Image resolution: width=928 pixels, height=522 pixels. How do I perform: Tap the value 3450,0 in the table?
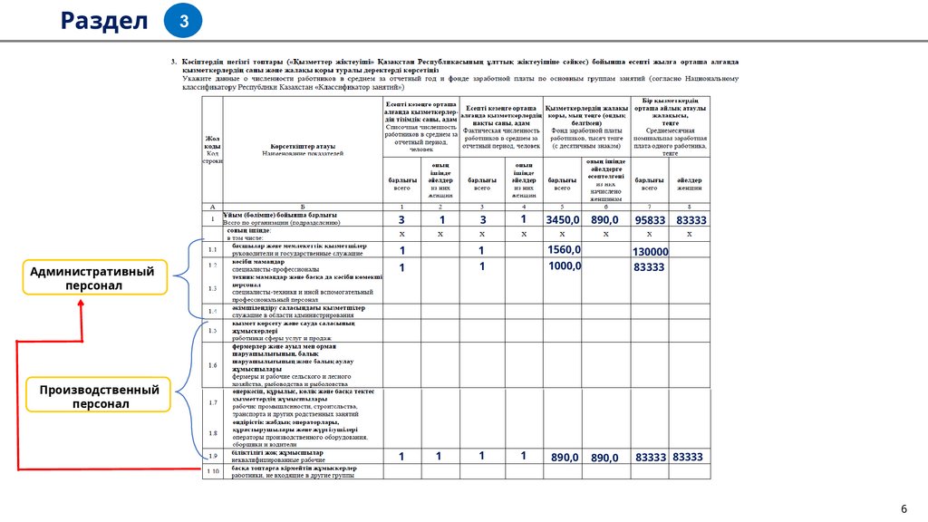[x=562, y=220]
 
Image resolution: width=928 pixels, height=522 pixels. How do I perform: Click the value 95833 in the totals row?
[x=650, y=220]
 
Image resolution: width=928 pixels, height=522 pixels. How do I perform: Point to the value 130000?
[x=650, y=252]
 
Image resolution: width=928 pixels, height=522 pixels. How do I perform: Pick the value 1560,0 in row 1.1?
[x=565, y=249]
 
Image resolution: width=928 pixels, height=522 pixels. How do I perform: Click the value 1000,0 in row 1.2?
[x=565, y=266]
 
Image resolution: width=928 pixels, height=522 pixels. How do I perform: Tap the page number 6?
[x=903, y=508]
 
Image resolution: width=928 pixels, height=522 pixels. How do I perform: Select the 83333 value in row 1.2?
[x=649, y=267]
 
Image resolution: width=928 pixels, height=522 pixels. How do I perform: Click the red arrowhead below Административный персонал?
[x=81, y=303]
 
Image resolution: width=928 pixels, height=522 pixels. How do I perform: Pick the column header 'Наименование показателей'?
[x=303, y=154]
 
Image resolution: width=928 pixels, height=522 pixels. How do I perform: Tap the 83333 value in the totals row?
[x=691, y=220]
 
